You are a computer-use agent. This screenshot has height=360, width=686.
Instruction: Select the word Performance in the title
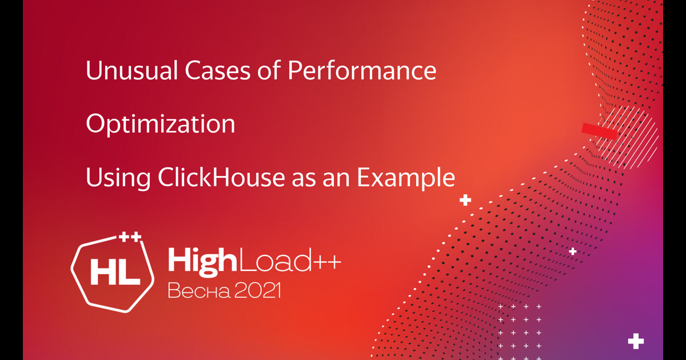(x=362, y=71)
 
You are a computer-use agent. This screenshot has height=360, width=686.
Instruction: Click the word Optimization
(x=160, y=125)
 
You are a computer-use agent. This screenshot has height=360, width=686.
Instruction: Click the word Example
(x=406, y=178)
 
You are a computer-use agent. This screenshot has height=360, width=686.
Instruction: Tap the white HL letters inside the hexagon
(x=115, y=274)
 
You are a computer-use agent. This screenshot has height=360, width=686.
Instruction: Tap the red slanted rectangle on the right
(x=600, y=131)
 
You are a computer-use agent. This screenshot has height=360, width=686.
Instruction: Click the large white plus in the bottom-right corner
(x=636, y=341)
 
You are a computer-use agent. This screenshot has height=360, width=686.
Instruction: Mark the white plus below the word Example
(x=465, y=201)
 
